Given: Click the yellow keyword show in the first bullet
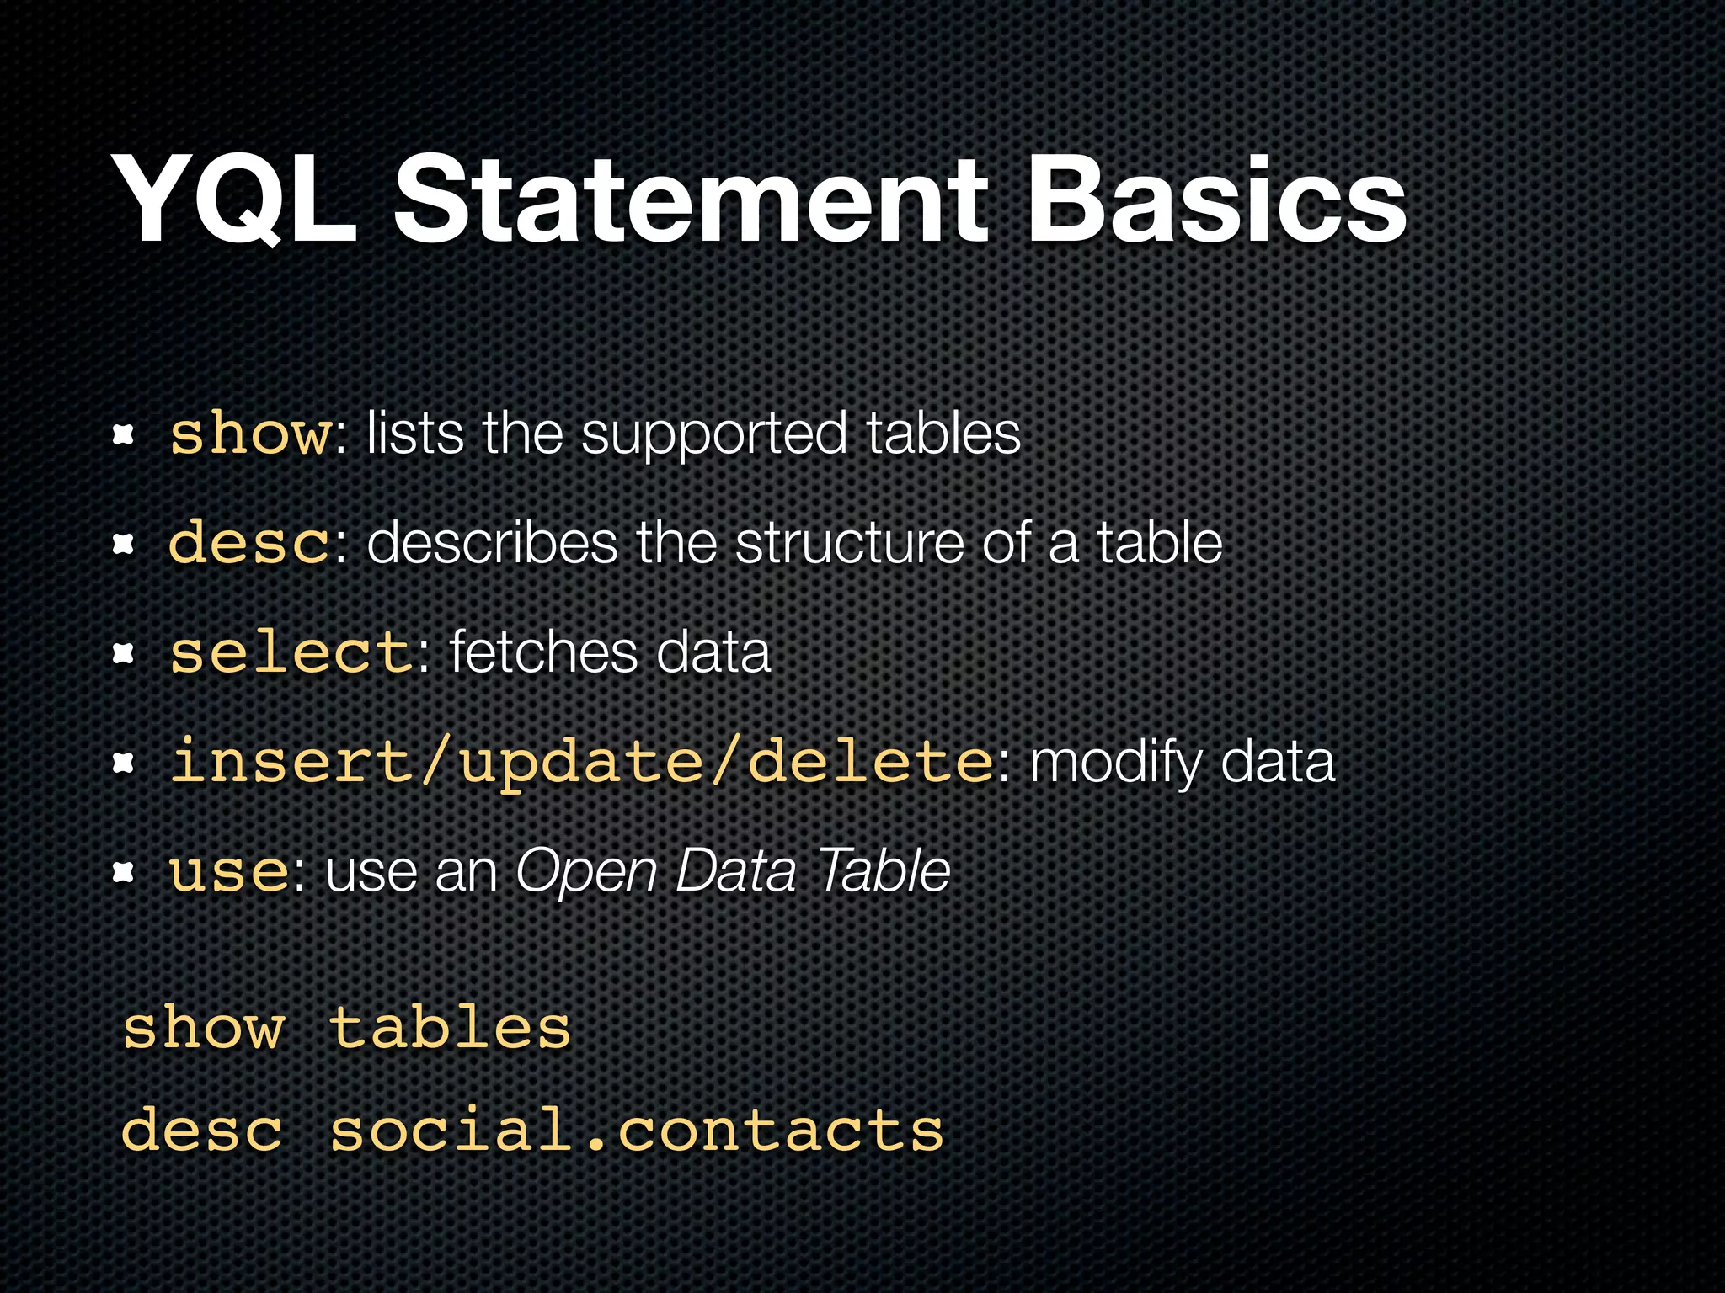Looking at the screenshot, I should point(251,434).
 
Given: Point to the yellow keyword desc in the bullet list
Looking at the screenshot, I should point(249,543).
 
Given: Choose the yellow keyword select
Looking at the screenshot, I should point(291,652).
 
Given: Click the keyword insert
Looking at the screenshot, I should point(291,761).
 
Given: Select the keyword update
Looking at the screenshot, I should point(581,763).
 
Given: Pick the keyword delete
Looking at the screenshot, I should point(871,761).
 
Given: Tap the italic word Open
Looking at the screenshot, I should point(585,872).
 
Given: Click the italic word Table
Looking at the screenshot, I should point(884,870).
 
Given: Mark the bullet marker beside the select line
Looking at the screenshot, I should point(124,653).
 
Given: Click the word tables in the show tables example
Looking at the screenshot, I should point(450,1028).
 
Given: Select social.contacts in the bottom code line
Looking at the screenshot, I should point(637,1130).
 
